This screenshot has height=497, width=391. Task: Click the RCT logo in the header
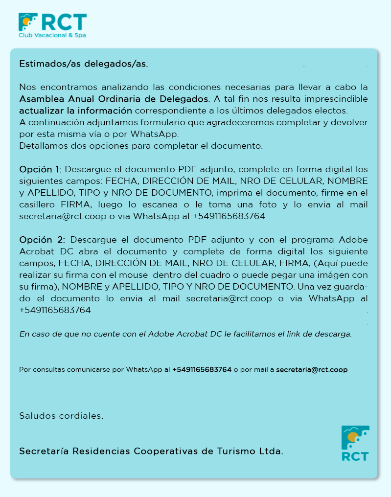point(52,22)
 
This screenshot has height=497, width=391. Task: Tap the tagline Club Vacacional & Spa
point(53,36)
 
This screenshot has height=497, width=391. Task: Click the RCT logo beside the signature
point(355,443)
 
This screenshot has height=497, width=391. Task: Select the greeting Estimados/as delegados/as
point(83,64)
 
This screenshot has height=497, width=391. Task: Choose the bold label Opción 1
point(40,170)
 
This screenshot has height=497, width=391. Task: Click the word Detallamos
point(41,146)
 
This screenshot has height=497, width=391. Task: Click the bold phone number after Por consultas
point(202,370)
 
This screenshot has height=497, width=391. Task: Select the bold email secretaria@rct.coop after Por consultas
point(312,370)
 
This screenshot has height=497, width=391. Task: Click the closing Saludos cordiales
point(61,416)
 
